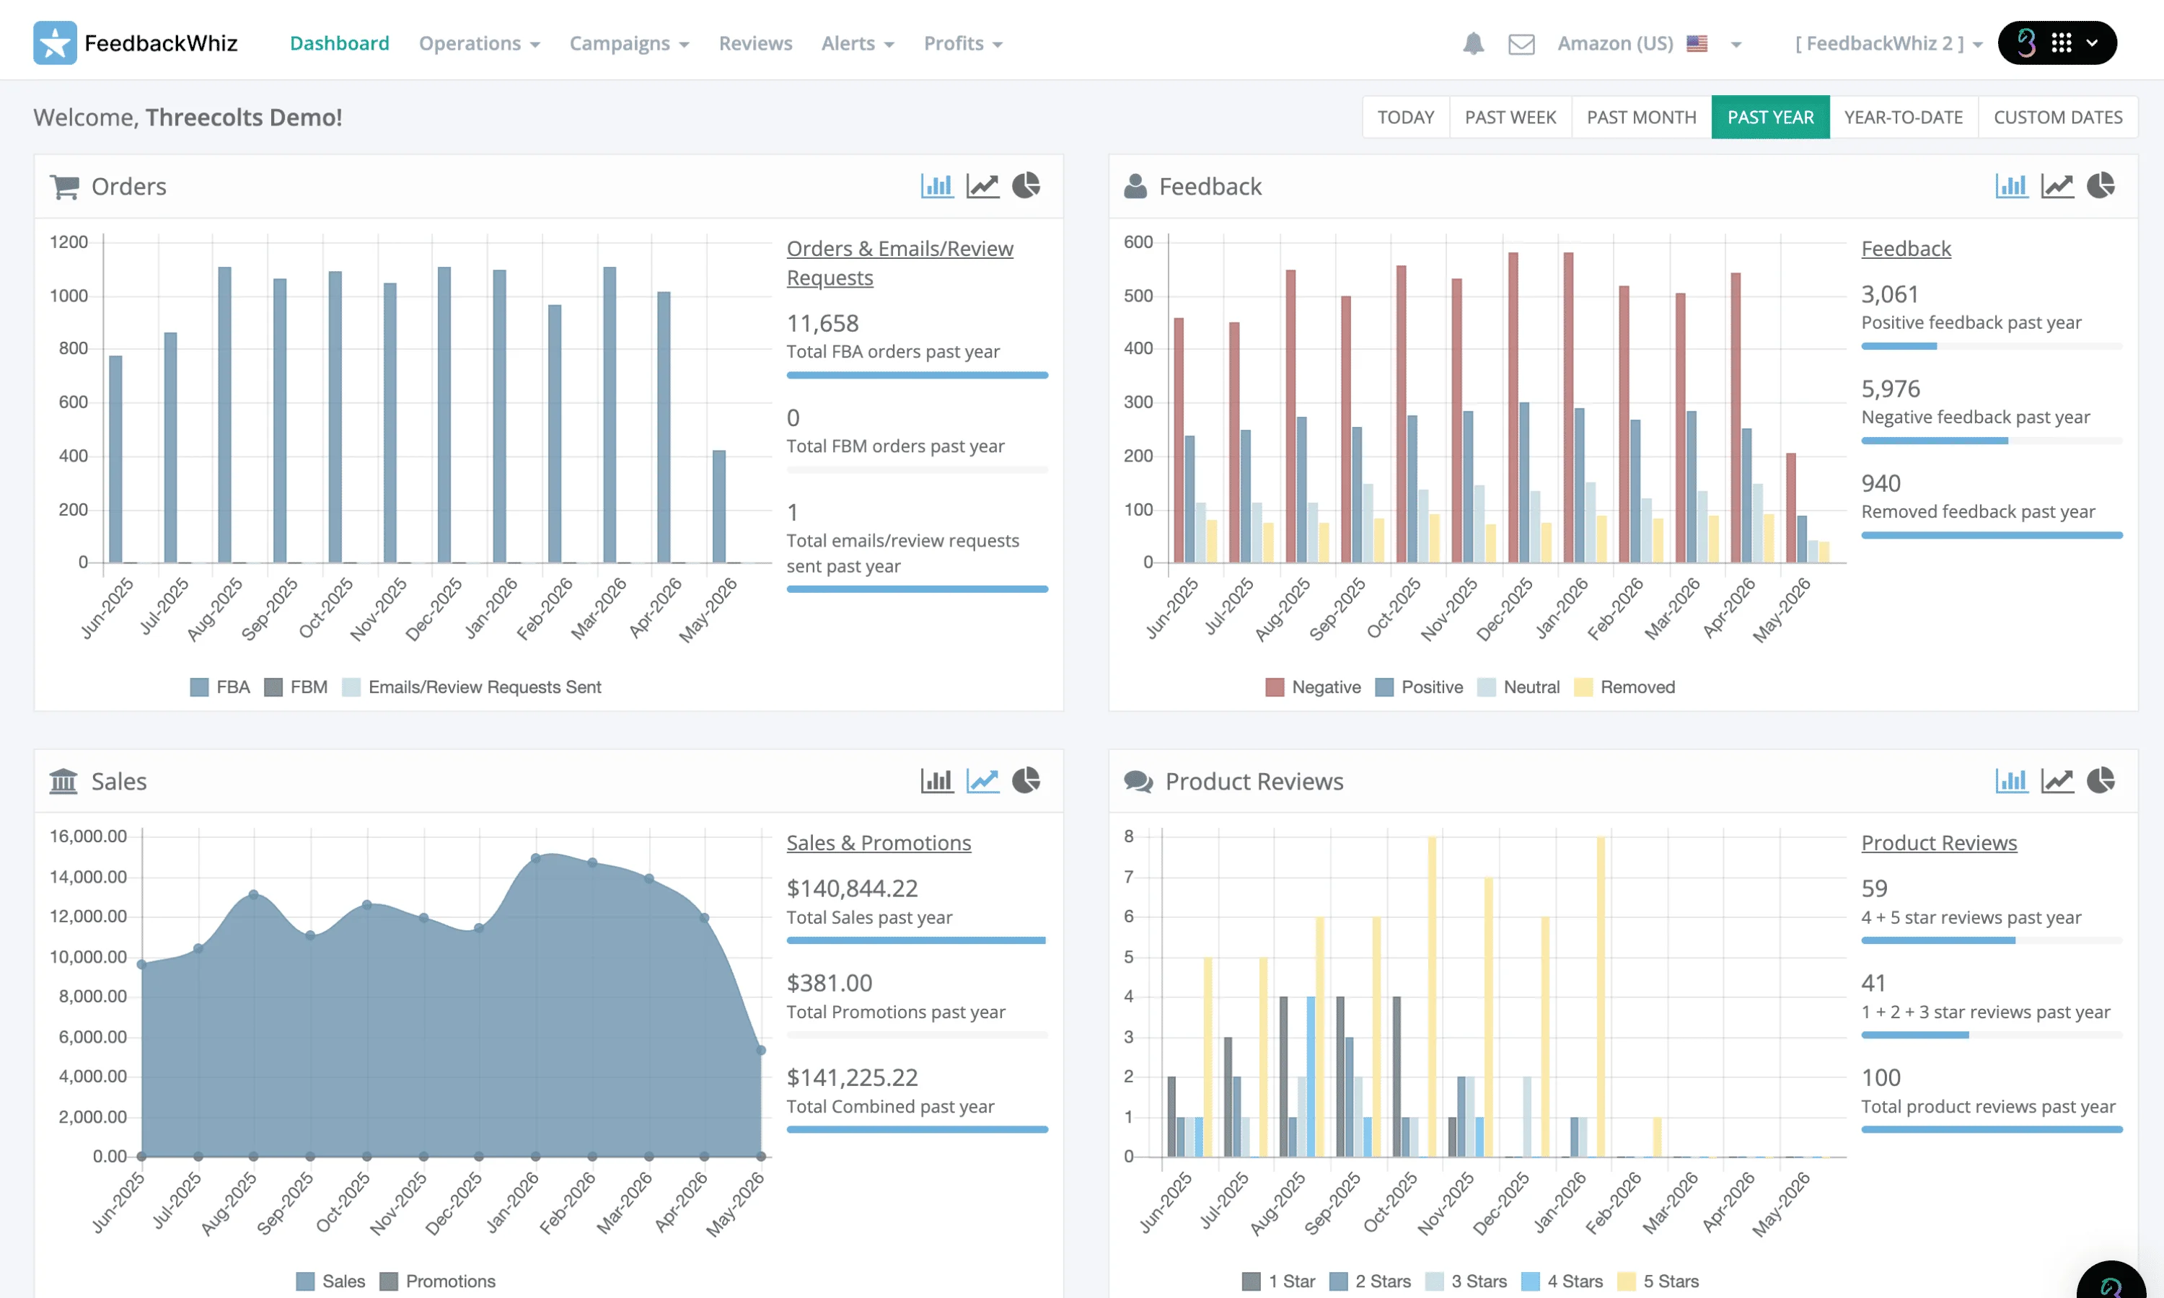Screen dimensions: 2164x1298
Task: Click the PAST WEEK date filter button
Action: point(1510,118)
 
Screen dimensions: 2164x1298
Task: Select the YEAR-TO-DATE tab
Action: point(1904,118)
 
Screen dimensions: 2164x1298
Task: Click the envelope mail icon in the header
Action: point(1521,44)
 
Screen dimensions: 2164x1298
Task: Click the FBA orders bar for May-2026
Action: point(719,506)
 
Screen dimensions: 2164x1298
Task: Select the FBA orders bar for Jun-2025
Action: point(115,459)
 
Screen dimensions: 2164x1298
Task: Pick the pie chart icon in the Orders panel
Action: point(1026,185)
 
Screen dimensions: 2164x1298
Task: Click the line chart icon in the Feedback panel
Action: point(2057,185)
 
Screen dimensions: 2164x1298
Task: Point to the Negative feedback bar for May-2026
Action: point(1790,508)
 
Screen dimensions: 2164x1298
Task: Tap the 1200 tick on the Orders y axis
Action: point(69,242)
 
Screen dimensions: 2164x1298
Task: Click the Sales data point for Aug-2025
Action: point(254,895)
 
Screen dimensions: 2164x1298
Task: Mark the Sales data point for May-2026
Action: point(761,1051)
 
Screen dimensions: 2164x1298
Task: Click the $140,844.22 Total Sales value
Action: point(852,888)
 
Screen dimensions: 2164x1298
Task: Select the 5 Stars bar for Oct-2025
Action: point(1432,997)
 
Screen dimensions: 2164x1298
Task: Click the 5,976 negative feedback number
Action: point(1890,389)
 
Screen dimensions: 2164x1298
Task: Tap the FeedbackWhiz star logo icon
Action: point(54,43)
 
